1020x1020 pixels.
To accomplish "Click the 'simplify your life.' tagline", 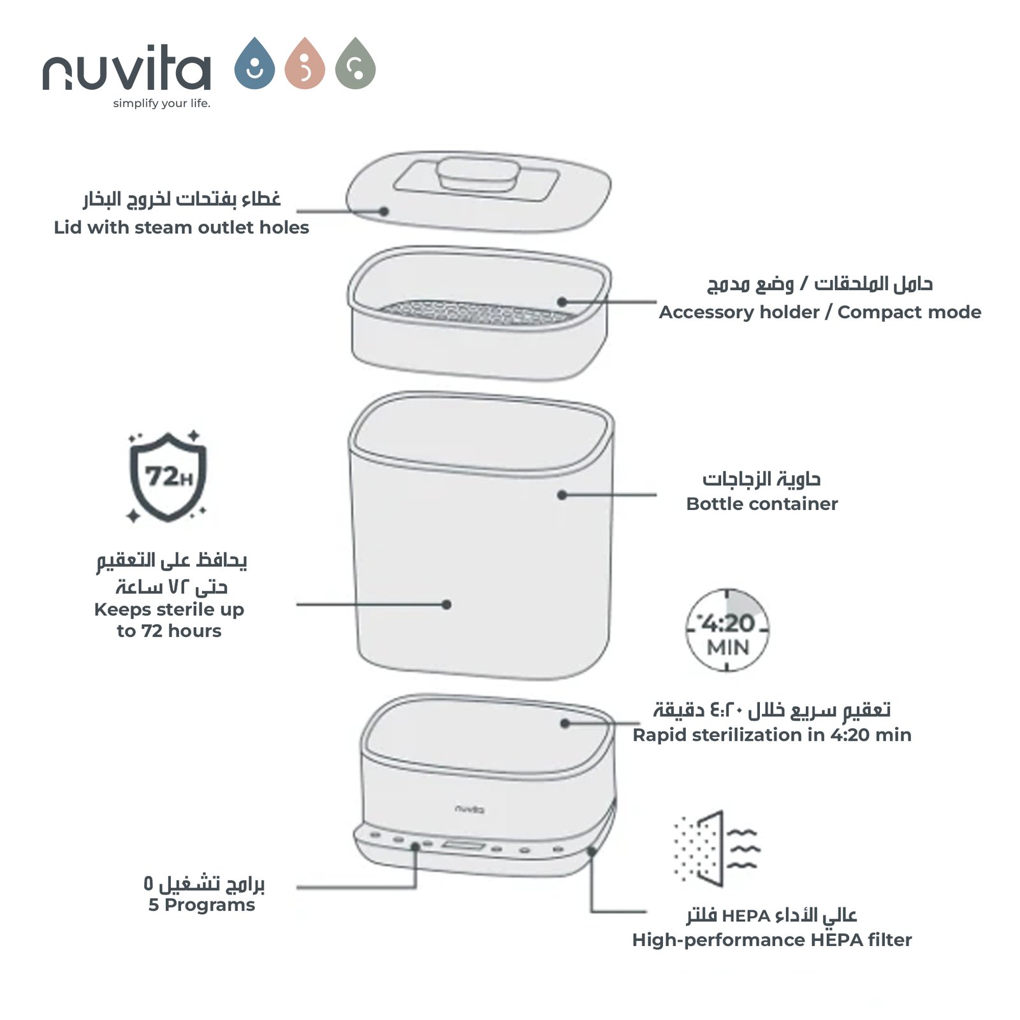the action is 161,103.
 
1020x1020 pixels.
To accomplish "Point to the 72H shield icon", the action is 168,476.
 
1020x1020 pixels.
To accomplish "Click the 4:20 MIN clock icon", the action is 727,630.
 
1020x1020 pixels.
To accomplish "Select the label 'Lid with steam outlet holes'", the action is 181,228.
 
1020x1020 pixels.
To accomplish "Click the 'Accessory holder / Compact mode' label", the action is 820,312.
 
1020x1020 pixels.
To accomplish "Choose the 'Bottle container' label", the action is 762,504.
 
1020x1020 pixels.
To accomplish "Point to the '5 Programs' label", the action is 201,905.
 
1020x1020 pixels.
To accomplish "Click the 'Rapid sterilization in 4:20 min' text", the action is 772,735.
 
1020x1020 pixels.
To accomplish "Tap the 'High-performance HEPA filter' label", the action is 772,940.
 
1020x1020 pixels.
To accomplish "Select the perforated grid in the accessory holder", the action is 475,312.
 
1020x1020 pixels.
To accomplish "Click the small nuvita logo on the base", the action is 470,809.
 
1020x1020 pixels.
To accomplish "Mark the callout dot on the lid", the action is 384,211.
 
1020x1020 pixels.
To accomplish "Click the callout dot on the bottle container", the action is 562,495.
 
